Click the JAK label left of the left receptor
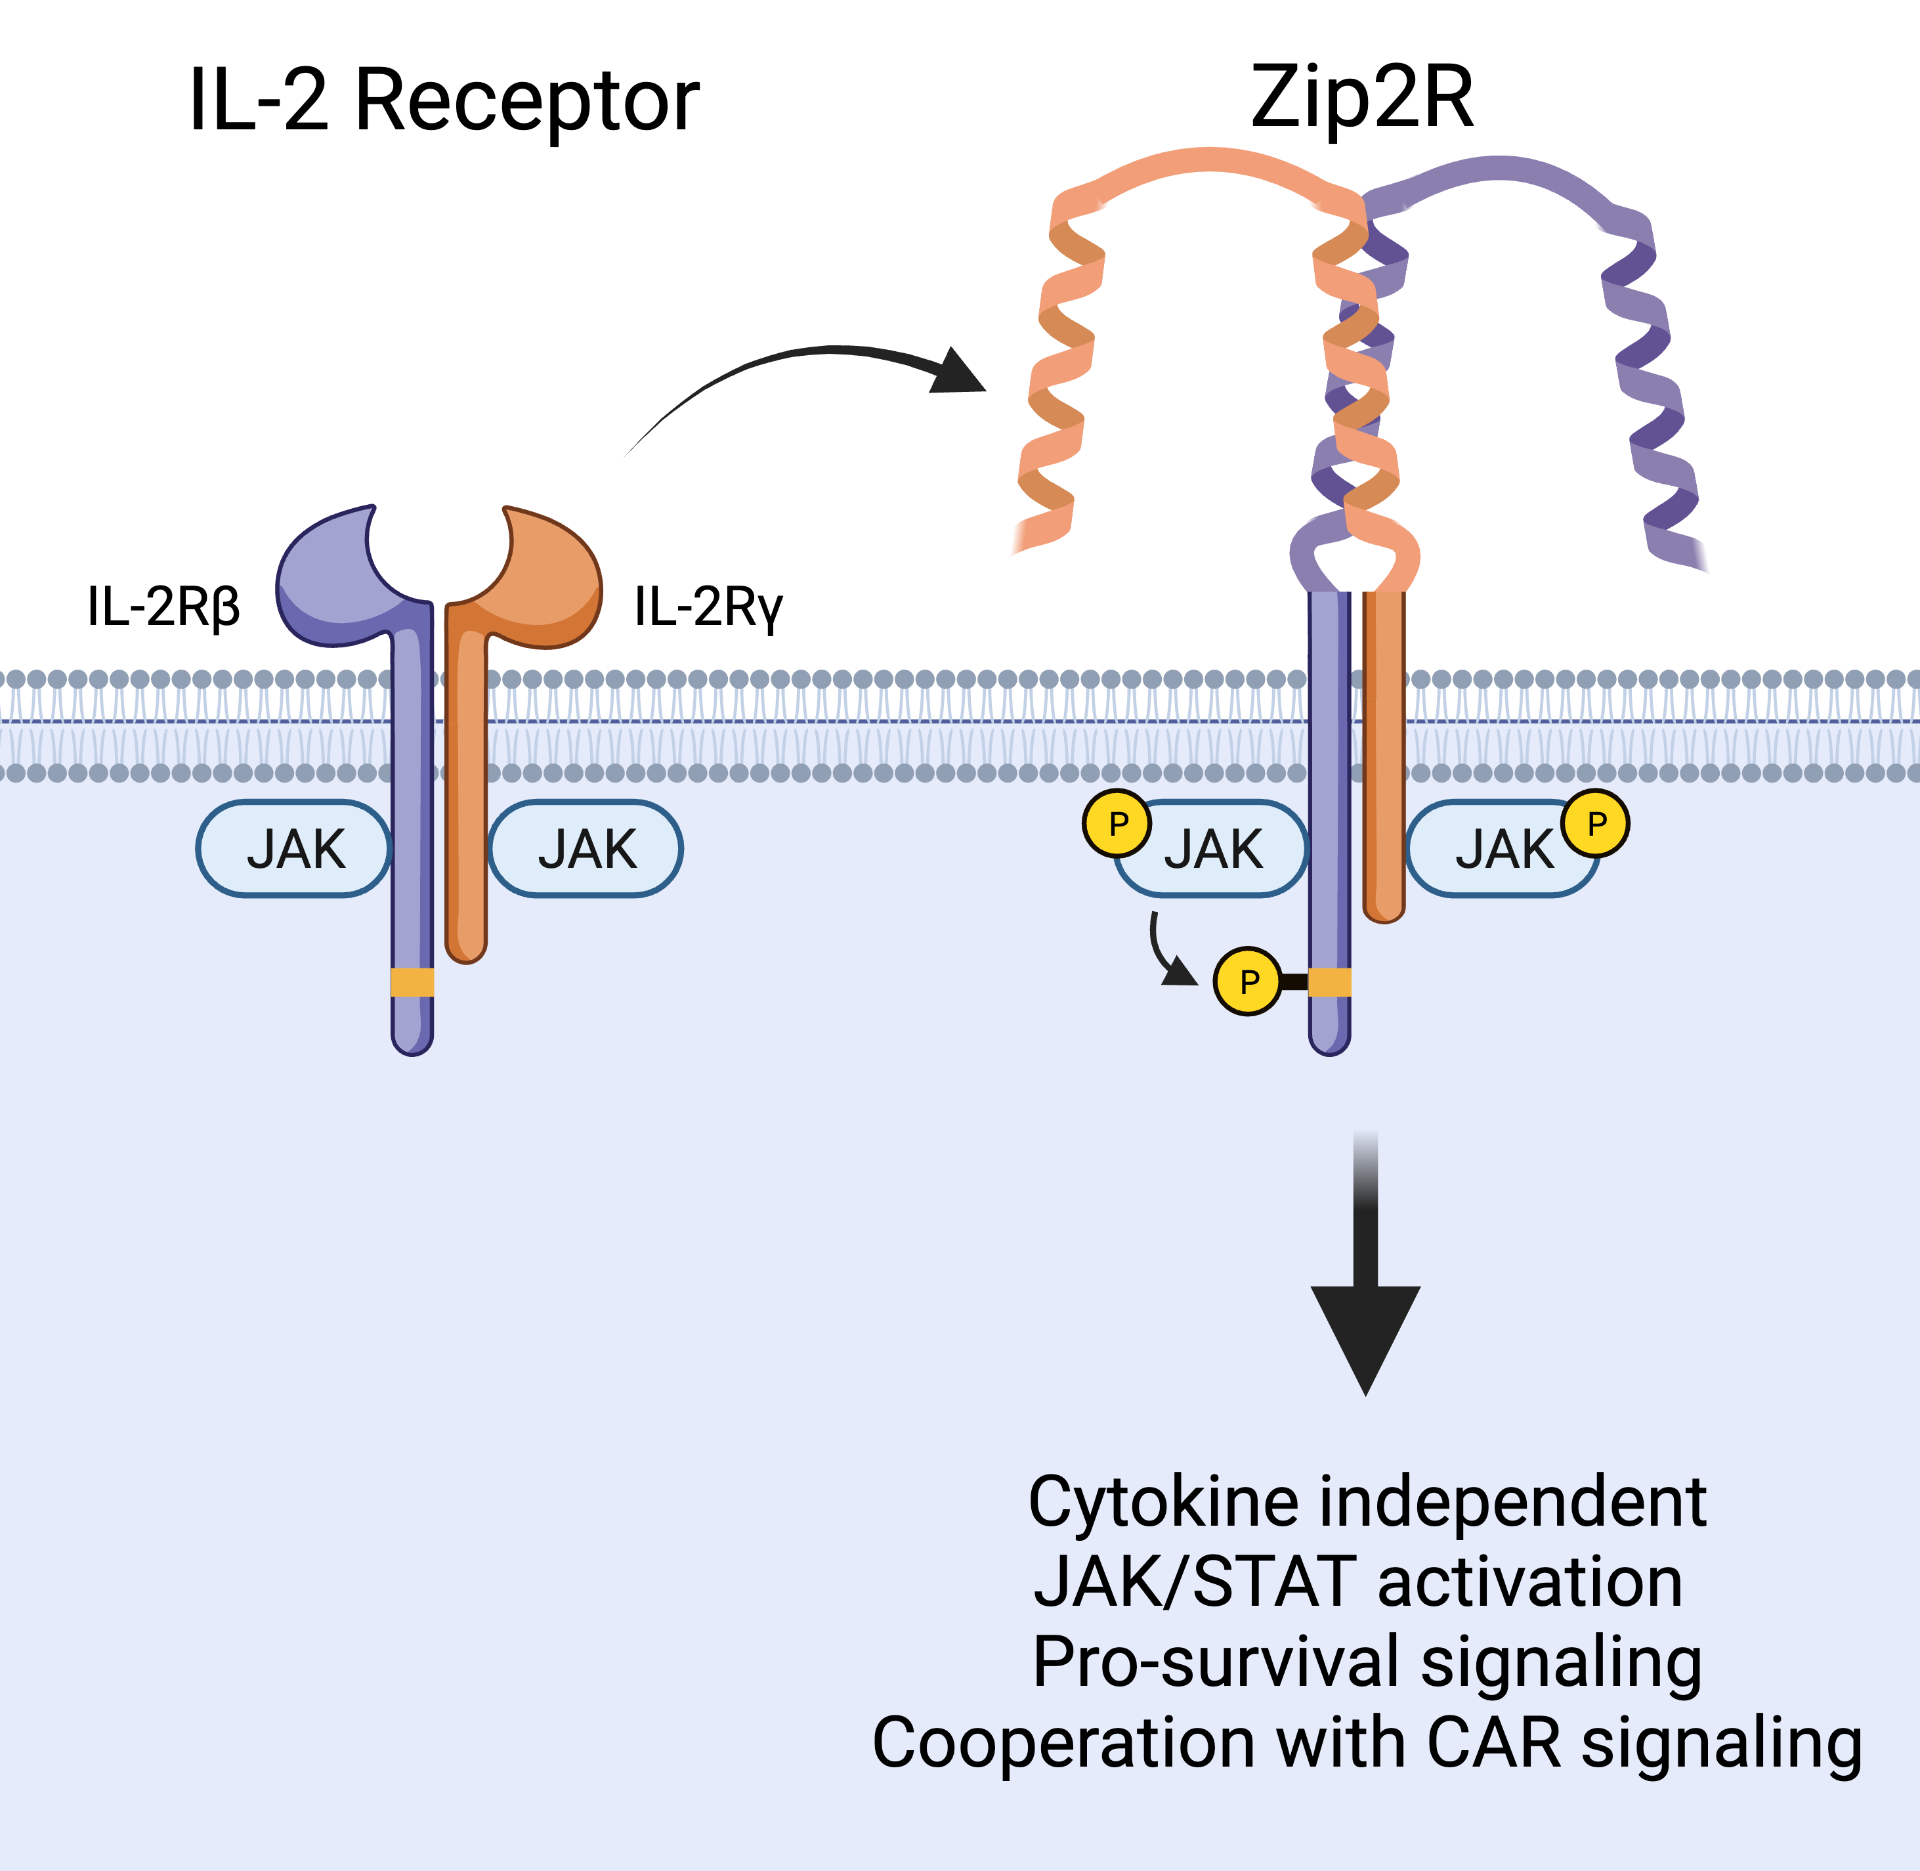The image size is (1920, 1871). pos(295,849)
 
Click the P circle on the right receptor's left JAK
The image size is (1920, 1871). pos(1117,823)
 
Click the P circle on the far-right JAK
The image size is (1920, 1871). pos(1596,823)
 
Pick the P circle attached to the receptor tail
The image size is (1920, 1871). pos(1248,981)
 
